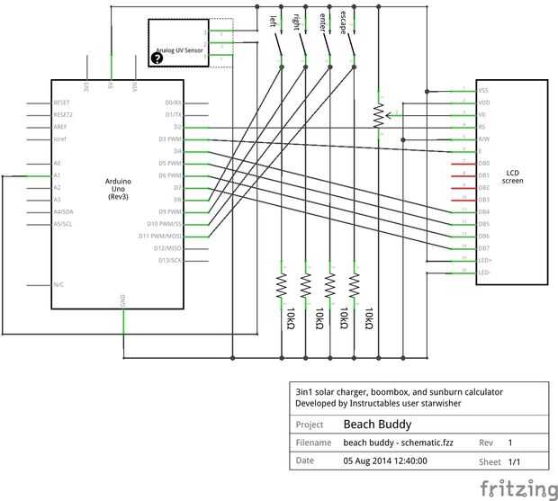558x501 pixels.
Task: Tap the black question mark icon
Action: point(157,58)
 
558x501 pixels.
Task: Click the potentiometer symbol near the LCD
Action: point(379,114)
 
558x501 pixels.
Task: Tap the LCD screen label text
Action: point(512,175)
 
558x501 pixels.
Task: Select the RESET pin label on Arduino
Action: point(62,103)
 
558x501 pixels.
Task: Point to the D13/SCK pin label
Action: point(168,260)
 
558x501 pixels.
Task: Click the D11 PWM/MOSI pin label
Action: point(162,236)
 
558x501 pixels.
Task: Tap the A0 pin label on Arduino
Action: point(58,163)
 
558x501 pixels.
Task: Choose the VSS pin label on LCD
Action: point(483,91)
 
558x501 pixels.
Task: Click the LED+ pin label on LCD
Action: point(484,260)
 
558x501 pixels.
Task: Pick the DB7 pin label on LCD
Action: point(484,248)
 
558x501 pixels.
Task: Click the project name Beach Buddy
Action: point(377,425)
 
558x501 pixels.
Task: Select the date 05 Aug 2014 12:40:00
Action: point(384,461)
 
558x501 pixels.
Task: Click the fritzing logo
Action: point(517,488)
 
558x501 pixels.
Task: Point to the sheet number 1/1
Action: point(515,461)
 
